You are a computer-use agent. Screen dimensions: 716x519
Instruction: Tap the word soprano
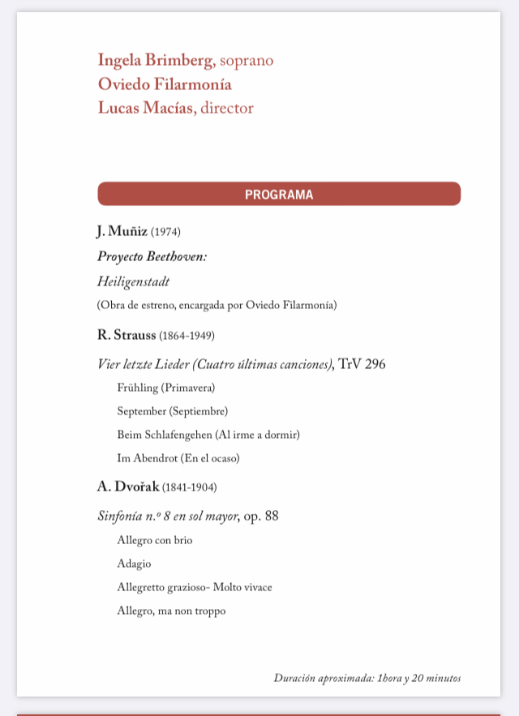pyautogui.click(x=247, y=60)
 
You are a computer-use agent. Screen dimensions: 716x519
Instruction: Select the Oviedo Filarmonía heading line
pyautogui.click(x=165, y=84)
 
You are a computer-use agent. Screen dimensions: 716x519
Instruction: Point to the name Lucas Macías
pyautogui.click(x=147, y=108)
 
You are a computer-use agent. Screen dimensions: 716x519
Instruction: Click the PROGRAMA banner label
pyautogui.click(x=279, y=195)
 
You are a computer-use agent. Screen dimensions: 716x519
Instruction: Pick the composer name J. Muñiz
pyautogui.click(x=122, y=232)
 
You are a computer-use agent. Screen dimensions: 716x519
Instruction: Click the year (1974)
pyautogui.click(x=165, y=233)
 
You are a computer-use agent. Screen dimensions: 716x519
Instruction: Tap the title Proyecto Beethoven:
pyautogui.click(x=152, y=256)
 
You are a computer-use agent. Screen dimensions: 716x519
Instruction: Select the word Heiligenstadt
pyautogui.click(x=133, y=281)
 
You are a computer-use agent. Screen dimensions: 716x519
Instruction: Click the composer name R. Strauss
pyautogui.click(x=127, y=335)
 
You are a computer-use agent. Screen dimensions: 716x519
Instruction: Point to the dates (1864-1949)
pyautogui.click(x=187, y=336)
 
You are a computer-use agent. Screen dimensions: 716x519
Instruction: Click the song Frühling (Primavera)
pyautogui.click(x=166, y=388)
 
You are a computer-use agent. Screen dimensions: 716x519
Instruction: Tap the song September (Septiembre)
pyautogui.click(x=173, y=411)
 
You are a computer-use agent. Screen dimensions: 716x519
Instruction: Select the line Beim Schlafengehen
pyautogui.click(x=208, y=435)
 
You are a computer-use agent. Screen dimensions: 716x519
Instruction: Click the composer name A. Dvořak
pyautogui.click(x=128, y=487)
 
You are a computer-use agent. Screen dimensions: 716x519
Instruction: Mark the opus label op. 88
pyautogui.click(x=261, y=515)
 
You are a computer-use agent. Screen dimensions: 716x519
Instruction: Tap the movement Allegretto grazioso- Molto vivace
pyautogui.click(x=195, y=587)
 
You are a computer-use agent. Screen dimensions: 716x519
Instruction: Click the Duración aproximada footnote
pyautogui.click(x=367, y=678)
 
